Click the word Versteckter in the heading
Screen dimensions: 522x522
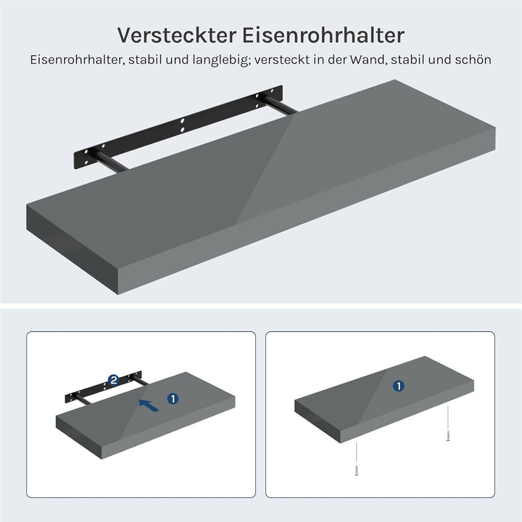(177, 35)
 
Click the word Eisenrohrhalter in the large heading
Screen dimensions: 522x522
(323, 35)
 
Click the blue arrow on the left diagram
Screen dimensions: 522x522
(149, 405)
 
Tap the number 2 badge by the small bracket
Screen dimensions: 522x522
(114, 380)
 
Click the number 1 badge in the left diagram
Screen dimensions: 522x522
(173, 399)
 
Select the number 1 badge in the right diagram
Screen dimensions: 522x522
(399, 386)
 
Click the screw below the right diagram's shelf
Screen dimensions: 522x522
(356, 458)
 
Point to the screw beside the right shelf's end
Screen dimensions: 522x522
(448, 423)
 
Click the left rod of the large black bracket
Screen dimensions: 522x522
(109, 162)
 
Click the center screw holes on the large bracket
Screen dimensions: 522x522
(182, 125)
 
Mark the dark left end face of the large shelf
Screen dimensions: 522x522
(72, 249)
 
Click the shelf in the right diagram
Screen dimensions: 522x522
(384, 399)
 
